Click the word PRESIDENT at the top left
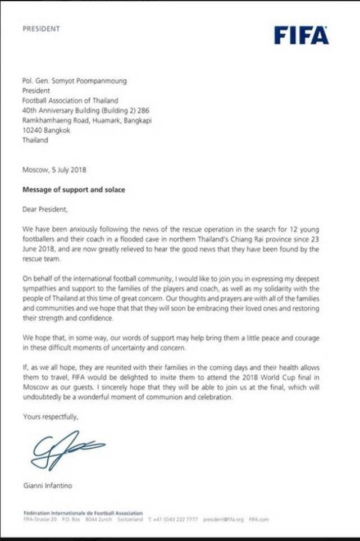[x=41, y=28]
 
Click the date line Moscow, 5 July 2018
[x=54, y=169]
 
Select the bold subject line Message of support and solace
[x=74, y=190]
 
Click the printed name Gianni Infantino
[x=49, y=485]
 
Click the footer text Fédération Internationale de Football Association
[x=83, y=513]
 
